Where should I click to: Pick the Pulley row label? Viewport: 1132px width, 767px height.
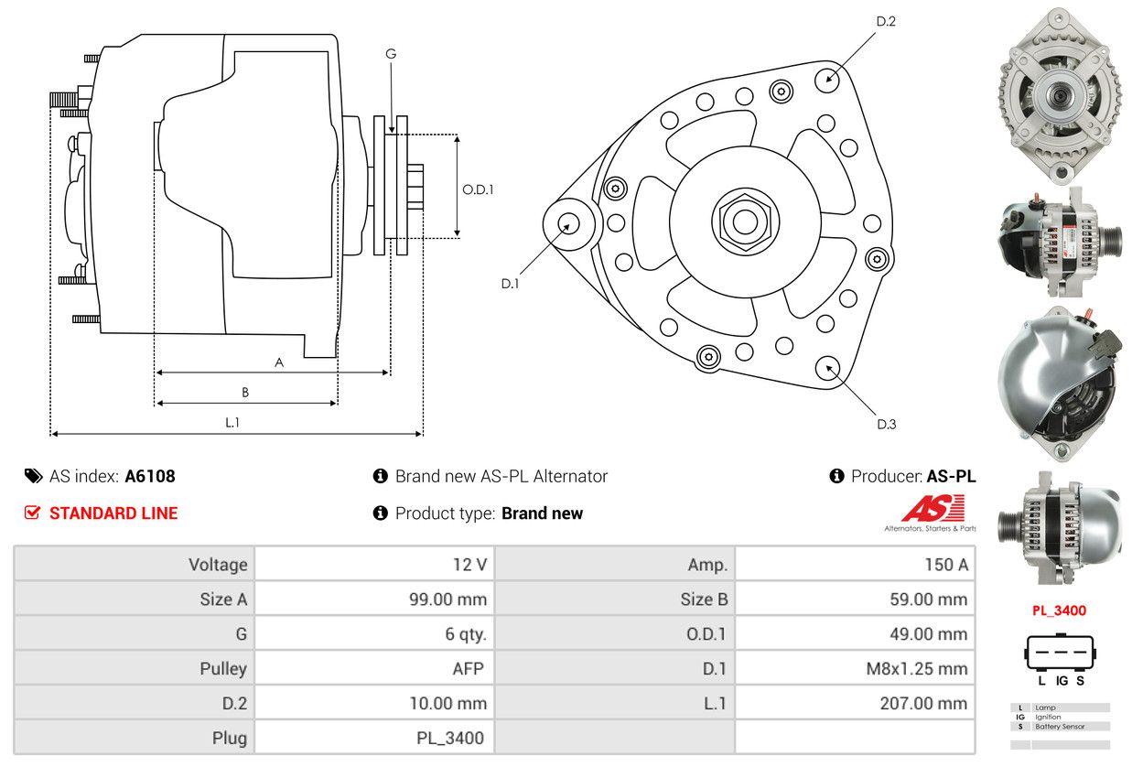click(223, 668)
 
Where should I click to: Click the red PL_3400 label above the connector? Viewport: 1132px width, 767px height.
click(1059, 610)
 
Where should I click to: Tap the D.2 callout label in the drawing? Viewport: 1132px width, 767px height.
click(886, 21)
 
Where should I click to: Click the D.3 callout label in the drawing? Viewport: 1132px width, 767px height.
click(886, 424)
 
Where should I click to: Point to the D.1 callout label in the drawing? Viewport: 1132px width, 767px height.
click(510, 284)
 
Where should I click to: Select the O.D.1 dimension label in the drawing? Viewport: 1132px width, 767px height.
click(478, 189)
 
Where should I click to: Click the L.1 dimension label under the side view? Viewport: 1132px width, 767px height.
click(232, 422)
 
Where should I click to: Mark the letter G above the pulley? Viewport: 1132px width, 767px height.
click(391, 54)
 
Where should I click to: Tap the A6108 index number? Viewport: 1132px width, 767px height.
click(150, 476)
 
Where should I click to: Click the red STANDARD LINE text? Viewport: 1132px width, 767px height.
click(113, 513)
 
